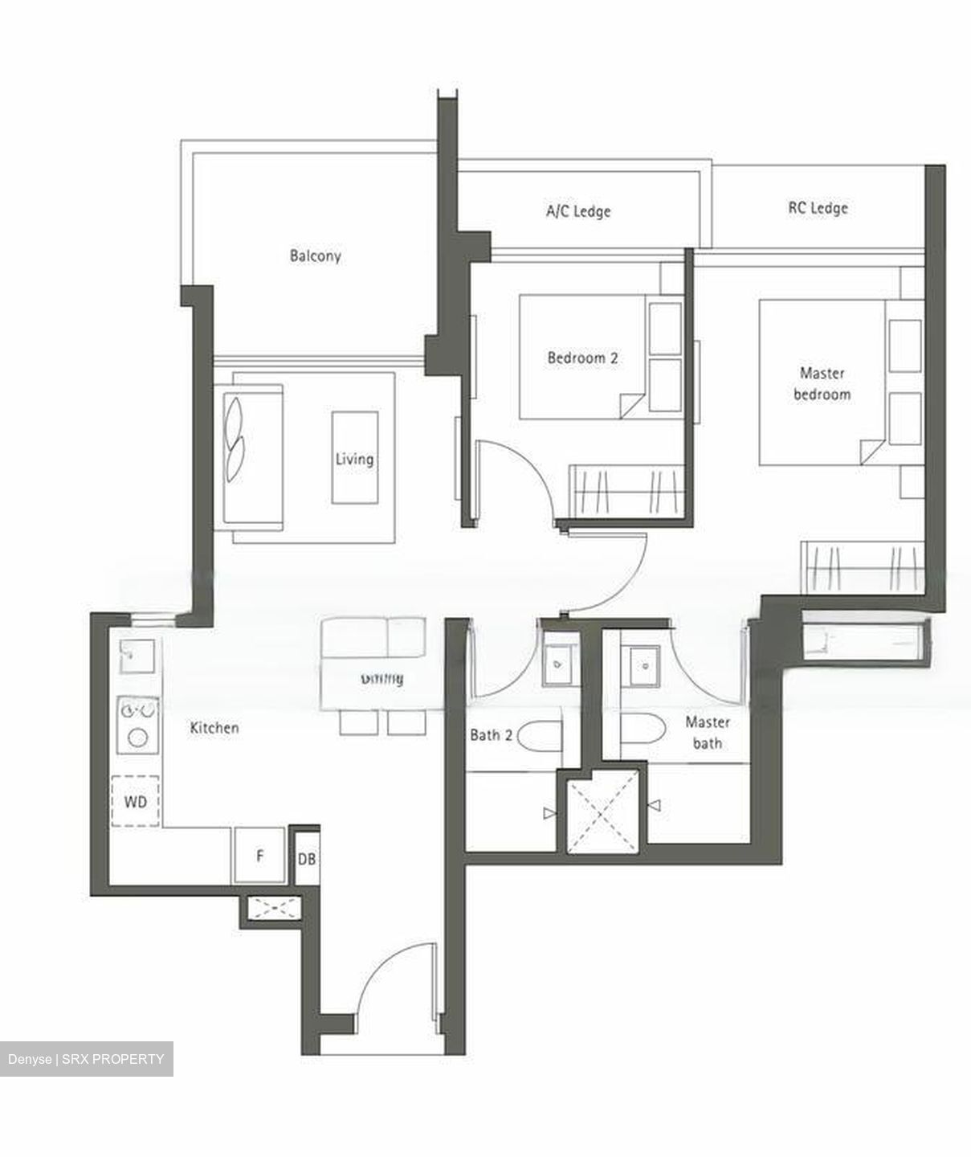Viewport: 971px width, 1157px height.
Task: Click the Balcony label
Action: coord(315,256)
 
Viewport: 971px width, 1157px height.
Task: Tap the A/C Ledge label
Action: coord(578,211)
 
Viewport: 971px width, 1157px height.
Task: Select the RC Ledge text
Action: coord(818,208)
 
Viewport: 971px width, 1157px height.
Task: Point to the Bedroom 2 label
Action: coord(582,358)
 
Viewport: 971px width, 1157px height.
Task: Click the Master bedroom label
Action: coord(822,384)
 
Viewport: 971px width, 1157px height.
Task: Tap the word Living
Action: coord(354,459)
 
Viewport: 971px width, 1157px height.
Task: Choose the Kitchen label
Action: coord(214,728)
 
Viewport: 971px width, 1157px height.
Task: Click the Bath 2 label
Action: coord(491,735)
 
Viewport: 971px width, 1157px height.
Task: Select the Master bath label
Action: coord(707,733)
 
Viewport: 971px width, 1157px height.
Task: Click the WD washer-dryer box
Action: coord(136,801)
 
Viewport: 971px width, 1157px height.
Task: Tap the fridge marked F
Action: coord(259,857)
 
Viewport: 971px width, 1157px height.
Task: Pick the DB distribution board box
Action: coord(306,859)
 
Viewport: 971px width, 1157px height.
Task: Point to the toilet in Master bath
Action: coord(643,730)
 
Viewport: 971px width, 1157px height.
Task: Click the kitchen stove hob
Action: coord(138,724)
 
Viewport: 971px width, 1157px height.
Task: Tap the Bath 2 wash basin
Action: coord(559,664)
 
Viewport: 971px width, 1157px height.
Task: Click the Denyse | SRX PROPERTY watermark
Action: coord(86,1059)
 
